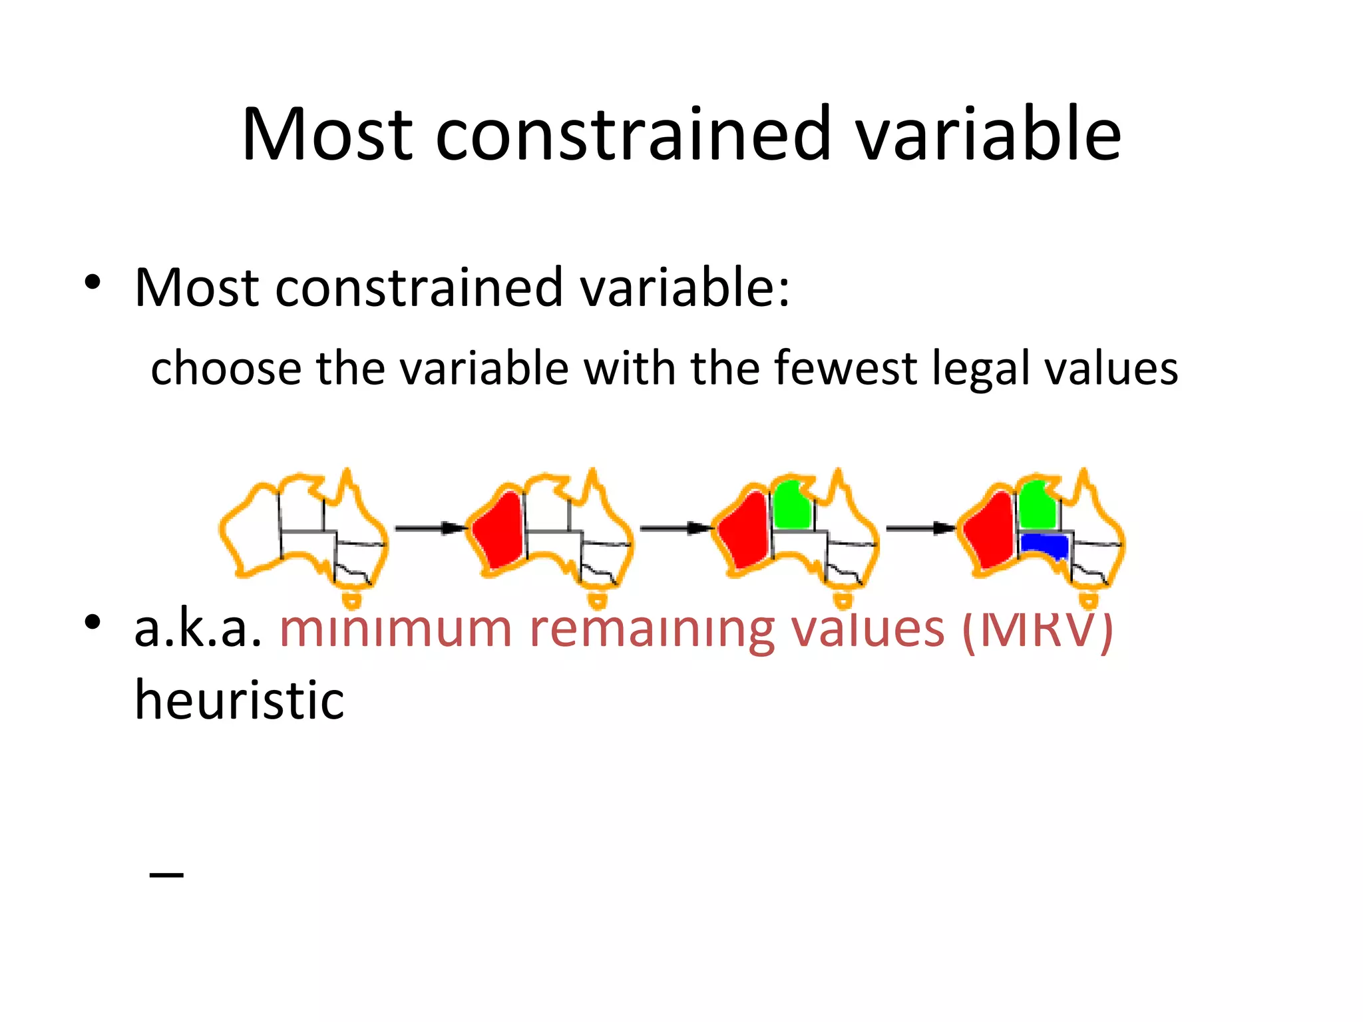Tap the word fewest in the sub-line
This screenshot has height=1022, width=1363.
[x=845, y=368]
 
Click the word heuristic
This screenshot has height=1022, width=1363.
[x=240, y=700]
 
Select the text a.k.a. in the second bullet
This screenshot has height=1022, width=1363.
[x=198, y=628]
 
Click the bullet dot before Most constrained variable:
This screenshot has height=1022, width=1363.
[x=93, y=283]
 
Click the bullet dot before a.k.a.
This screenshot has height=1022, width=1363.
[x=93, y=623]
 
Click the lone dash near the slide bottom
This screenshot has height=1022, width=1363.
[x=166, y=874]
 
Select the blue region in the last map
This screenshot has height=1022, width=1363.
[x=1045, y=545]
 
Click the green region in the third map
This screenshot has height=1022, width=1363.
[x=791, y=506]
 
